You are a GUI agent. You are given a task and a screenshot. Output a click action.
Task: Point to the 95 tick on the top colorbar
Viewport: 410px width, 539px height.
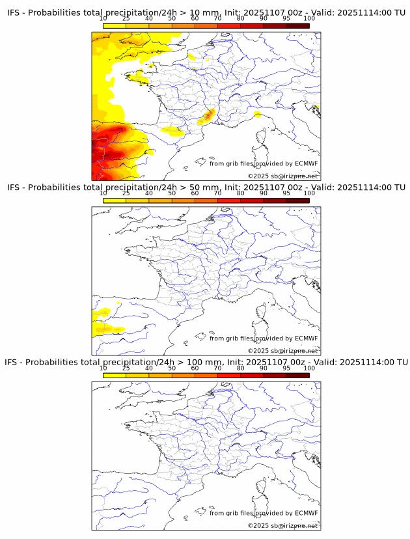pyautogui.click(x=286, y=18)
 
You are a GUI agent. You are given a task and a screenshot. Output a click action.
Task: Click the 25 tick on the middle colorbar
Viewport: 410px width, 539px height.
pyautogui.click(x=126, y=193)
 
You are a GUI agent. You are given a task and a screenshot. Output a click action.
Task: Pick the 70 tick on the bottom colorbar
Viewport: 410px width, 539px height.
pyautogui.click(x=217, y=368)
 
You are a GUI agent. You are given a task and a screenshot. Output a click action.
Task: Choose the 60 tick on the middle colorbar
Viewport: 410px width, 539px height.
pyautogui.click(x=195, y=193)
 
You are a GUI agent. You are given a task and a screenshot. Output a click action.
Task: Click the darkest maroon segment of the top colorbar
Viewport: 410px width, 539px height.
pyautogui.click(x=297, y=25)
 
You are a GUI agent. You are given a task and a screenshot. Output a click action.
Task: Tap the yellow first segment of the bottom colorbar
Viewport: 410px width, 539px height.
pyautogui.click(x=115, y=375)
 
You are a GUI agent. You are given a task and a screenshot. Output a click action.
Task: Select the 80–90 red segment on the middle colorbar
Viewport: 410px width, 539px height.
pyautogui.click(x=252, y=200)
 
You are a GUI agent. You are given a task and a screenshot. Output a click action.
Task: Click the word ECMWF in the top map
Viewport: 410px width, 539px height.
pyautogui.click(x=306, y=163)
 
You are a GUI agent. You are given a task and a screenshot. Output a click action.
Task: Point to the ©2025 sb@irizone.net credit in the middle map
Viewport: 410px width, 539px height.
pyautogui.click(x=282, y=351)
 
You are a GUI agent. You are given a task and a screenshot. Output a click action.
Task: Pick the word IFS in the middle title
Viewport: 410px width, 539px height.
pyautogui.click(x=13, y=187)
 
